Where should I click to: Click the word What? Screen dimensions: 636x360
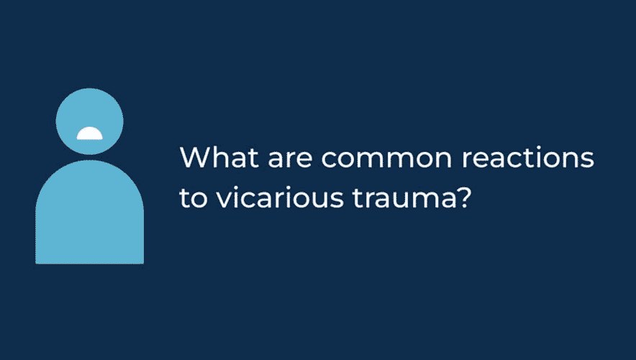click(219, 157)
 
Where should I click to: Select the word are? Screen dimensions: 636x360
click(290, 160)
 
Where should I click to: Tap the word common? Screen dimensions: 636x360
click(386, 160)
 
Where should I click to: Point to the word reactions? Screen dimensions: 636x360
click(527, 158)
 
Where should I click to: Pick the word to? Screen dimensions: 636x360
click(194, 198)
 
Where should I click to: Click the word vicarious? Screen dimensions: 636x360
click(280, 197)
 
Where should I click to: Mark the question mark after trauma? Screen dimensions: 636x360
click(465, 197)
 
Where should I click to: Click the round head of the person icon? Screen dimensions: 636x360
click(90, 122)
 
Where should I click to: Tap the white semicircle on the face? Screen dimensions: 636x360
click(90, 133)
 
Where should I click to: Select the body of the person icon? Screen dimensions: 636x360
click(90, 212)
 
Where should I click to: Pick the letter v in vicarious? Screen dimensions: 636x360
click(224, 199)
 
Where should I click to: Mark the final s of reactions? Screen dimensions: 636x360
click(587, 160)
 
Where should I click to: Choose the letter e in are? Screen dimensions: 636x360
click(304, 160)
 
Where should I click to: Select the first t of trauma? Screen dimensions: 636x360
click(358, 198)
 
